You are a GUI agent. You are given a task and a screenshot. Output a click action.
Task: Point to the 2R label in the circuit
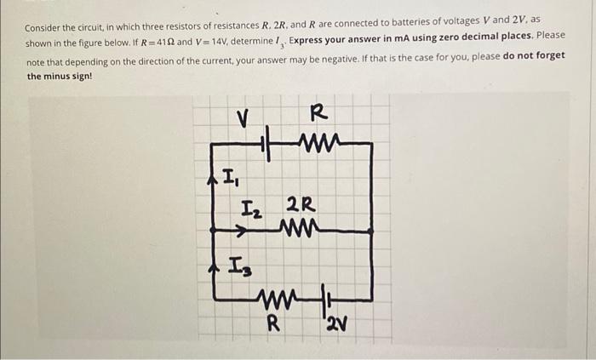[301, 204]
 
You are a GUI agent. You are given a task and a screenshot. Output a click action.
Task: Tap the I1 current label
[231, 179]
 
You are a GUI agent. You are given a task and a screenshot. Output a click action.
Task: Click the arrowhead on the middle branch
[240, 229]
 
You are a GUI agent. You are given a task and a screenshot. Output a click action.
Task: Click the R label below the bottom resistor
[272, 323]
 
